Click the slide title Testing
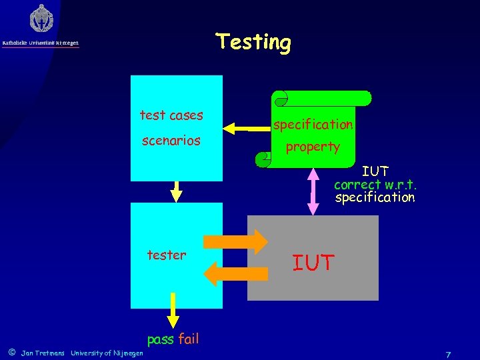tap(254, 42)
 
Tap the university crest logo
tap(41, 18)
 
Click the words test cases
tap(171, 115)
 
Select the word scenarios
tap(171, 141)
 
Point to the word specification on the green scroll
tap(313, 125)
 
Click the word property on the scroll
tap(313, 147)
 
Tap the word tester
tap(167, 255)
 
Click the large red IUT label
tap(313, 263)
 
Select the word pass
tap(160, 339)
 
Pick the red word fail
tap(188, 339)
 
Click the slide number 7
tap(449, 353)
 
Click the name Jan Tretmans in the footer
tap(43, 353)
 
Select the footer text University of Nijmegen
tap(107, 353)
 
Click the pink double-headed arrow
tap(313, 191)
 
